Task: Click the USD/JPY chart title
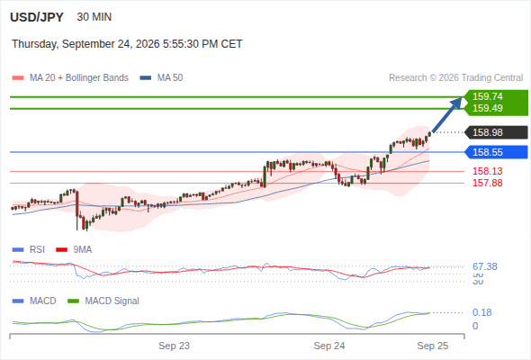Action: pyautogui.click(x=37, y=17)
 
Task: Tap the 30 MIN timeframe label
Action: pyautogui.click(x=94, y=17)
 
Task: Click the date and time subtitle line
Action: pyautogui.click(x=127, y=44)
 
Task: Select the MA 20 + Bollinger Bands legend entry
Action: pyautogui.click(x=70, y=78)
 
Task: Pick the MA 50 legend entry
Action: pyautogui.click(x=161, y=78)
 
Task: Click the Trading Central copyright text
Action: pyautogui.click(x=455, y=78)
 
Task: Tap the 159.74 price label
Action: pyautogui.click(x=488, y=96)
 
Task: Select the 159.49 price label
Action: pyautogui.click(x=488, y=108)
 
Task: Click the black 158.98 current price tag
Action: pyautogui.click(x=497, y=132)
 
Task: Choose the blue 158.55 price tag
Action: pyautogui.click(x=497, y=152)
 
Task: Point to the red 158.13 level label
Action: pyautogui.click(x=488, y=171)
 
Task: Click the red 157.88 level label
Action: pyautogui.click(x=488, y=183)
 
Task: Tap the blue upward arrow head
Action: pyautogui.click(x=456, y=103)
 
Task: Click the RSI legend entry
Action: pyautogui.click(x=29, y=250)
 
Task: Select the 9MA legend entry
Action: pyautogui.click(x=74, y=250)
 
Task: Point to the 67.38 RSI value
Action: pyautogui.click(x=485, y=267)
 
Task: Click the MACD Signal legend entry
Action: pyautogui.click(x=103, y=301)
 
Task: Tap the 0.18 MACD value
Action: pyautogui.click(x=482, y=312)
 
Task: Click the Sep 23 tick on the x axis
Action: pyautogui.click(x=174, y=346)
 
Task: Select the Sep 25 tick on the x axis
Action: pyautogui.click(x=433, y=346)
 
